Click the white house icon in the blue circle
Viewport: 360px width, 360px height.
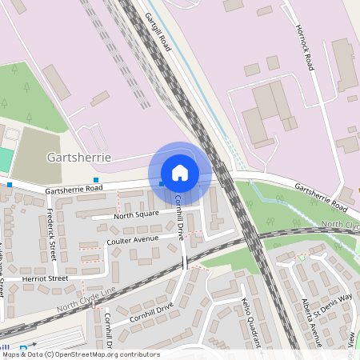(x=180, y=172)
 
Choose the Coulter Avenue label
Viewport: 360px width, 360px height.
(x=132, y=238)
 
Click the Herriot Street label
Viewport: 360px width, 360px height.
(x=46, y=278)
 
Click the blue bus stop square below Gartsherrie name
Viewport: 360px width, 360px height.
(x=97, y=179)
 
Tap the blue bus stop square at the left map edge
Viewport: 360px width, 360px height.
(x=10, y=185)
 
